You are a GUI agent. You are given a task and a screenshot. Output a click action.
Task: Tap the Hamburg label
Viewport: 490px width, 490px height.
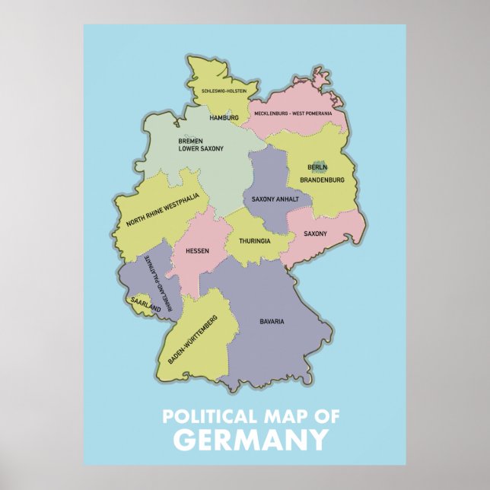224,118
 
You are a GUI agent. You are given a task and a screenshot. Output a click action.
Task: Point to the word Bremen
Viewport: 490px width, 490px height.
190,141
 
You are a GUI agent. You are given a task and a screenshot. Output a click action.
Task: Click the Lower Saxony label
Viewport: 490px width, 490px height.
201,149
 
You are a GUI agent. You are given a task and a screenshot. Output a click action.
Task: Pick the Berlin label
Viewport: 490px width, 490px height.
317,167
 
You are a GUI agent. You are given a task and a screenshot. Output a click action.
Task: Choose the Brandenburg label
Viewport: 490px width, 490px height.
323,180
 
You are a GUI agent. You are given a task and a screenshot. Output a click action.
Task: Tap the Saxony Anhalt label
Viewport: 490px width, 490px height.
274,199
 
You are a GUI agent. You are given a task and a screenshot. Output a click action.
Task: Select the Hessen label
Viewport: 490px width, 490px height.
197,250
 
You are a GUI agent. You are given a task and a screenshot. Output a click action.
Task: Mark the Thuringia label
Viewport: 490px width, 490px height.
254,240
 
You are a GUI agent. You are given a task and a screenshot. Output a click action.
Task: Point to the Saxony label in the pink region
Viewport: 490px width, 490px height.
315,234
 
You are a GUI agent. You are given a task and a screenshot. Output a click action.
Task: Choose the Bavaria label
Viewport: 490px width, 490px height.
272,321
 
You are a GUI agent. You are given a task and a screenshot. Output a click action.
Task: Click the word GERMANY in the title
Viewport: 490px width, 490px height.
250,440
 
